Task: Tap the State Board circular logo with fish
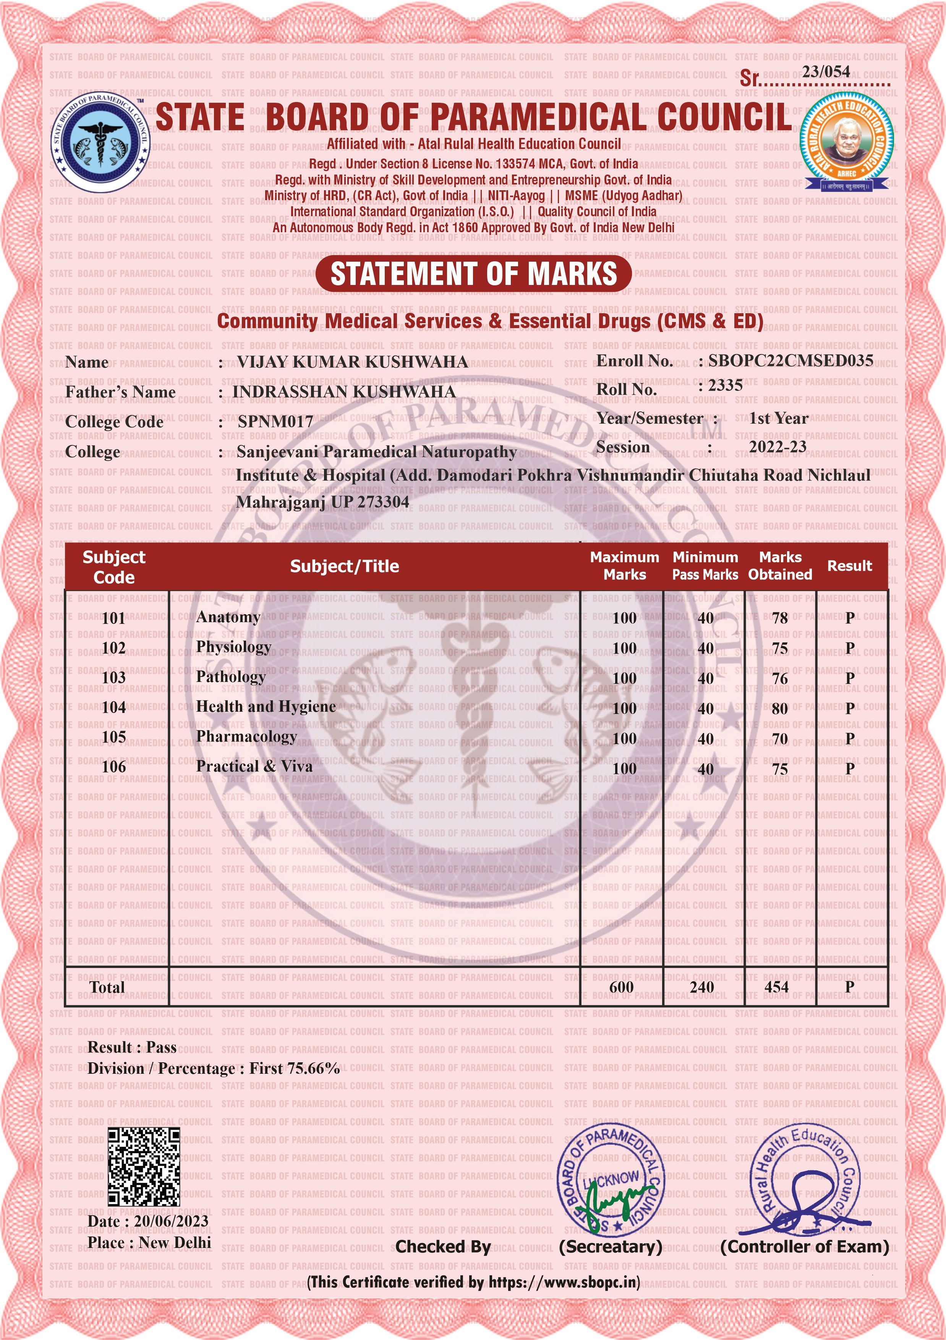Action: click(x=100, y=142)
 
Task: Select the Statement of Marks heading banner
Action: click(x=473, y=274)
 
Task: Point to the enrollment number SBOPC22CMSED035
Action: click(x=791, y=361)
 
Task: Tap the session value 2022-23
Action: click(x=778, y=447)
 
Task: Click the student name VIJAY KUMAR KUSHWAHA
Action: click(x=352, y=362)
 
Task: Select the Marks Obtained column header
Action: click(x=780, y=566)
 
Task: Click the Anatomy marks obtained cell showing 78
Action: click(x=780, y=618)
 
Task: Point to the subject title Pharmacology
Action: click(x=246, y=736)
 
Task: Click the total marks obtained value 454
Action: click(x=776, y=987)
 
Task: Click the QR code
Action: click(x=144, y=1167)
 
